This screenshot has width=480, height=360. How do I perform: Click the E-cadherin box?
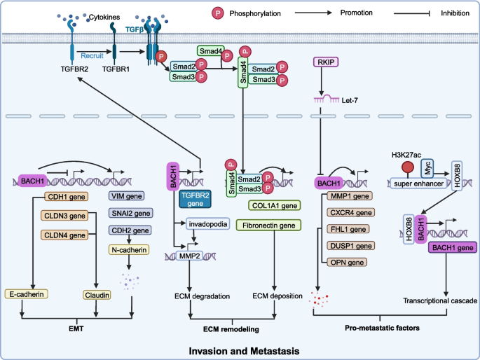(26, 276)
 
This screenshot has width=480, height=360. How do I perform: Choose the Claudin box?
(100, 276)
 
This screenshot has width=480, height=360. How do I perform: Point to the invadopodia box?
(203, 224)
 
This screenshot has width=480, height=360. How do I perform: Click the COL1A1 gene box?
(274, 205)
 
